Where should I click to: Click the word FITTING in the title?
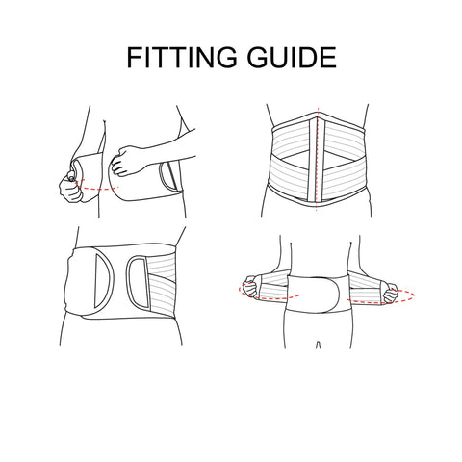pyautogui.click(x=182, y=58)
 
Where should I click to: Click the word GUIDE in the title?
pyautogui.click(x=292, y=58)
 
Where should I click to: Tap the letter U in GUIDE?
pyautogui.click(x=279, y=58)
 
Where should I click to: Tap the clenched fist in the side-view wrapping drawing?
pyautogui.click(x=70, y=189)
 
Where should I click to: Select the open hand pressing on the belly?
pyautogui.click(x=126, y=161)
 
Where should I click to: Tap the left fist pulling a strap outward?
pyautogui.click(x=251, y=287)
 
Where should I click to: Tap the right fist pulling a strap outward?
pyautogui.click(x=391, y=293)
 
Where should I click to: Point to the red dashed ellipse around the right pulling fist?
pyautogui.click(x=382, y=302)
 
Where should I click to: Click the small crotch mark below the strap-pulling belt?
pyautogui.click(x=318, y=345)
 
